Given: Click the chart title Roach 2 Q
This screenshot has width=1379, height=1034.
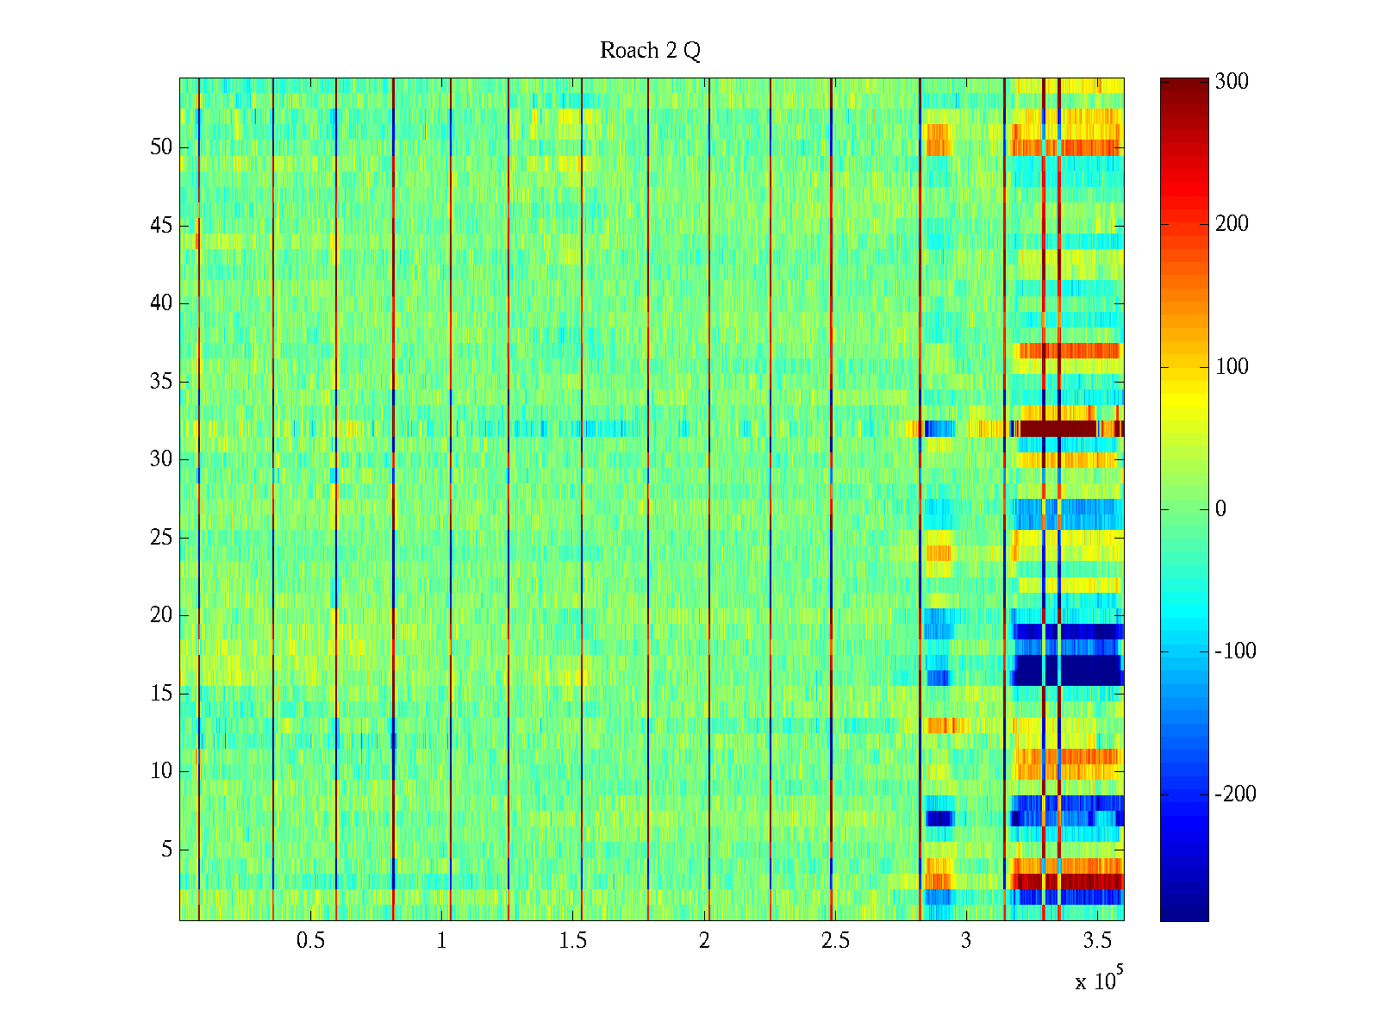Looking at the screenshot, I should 650,51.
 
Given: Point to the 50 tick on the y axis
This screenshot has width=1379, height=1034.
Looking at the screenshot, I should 161,147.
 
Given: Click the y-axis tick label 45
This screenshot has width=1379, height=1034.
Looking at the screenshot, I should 161,226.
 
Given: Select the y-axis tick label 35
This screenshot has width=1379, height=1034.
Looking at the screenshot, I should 161,381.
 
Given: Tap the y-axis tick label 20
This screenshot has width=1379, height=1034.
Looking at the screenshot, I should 161,615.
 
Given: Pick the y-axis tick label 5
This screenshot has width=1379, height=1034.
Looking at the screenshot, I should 166,850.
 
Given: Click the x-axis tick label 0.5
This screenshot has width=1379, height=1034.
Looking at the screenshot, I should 310,941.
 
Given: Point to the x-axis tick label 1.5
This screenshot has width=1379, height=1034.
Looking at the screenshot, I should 572,941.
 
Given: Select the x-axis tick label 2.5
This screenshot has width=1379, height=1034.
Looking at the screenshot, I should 834,941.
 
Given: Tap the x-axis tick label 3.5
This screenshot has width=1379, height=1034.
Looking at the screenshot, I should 1096,941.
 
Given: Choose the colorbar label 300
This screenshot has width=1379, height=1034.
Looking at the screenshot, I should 1231,82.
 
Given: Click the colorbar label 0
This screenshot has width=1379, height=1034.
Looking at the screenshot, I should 1220,509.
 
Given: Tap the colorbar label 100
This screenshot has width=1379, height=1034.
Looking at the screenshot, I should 1231,367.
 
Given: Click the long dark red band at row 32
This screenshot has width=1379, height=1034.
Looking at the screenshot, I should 1058,428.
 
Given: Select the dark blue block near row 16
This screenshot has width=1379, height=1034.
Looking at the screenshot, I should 1090,670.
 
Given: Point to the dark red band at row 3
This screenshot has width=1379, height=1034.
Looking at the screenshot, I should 1090,881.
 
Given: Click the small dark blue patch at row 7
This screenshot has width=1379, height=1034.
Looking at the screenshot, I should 939,818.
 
